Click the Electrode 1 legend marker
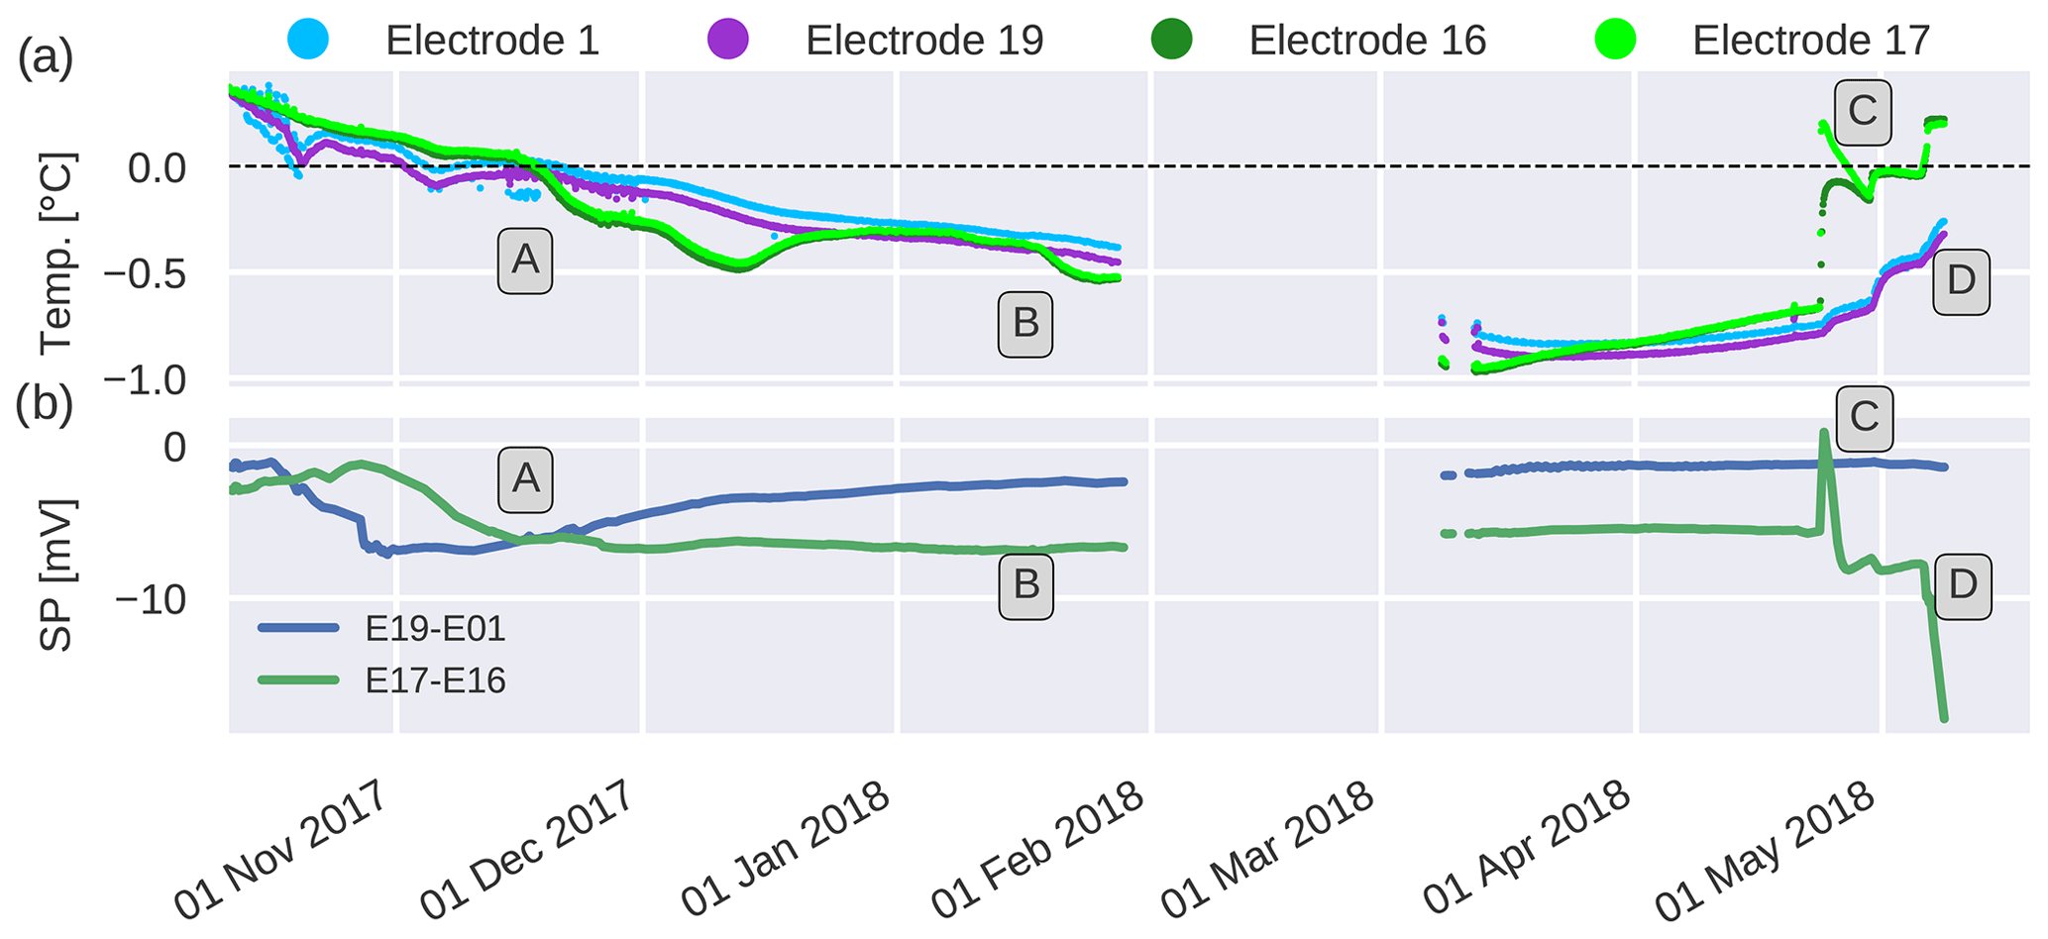pos(308,40)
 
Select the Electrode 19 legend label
pos(923,41)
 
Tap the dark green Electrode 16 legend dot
pos(1172,40)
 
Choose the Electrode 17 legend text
pos(1811,41)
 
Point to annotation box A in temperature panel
pos(524,261)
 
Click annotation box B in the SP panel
pos(1025,584)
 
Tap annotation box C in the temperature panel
pos(1863,111)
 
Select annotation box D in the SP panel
pos(1962,585)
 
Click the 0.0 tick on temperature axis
pos(157,167)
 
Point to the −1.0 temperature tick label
pos(146,380)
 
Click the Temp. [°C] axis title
pos(57,254)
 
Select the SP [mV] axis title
pos(57,574)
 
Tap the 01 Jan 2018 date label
pos(786,848)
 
